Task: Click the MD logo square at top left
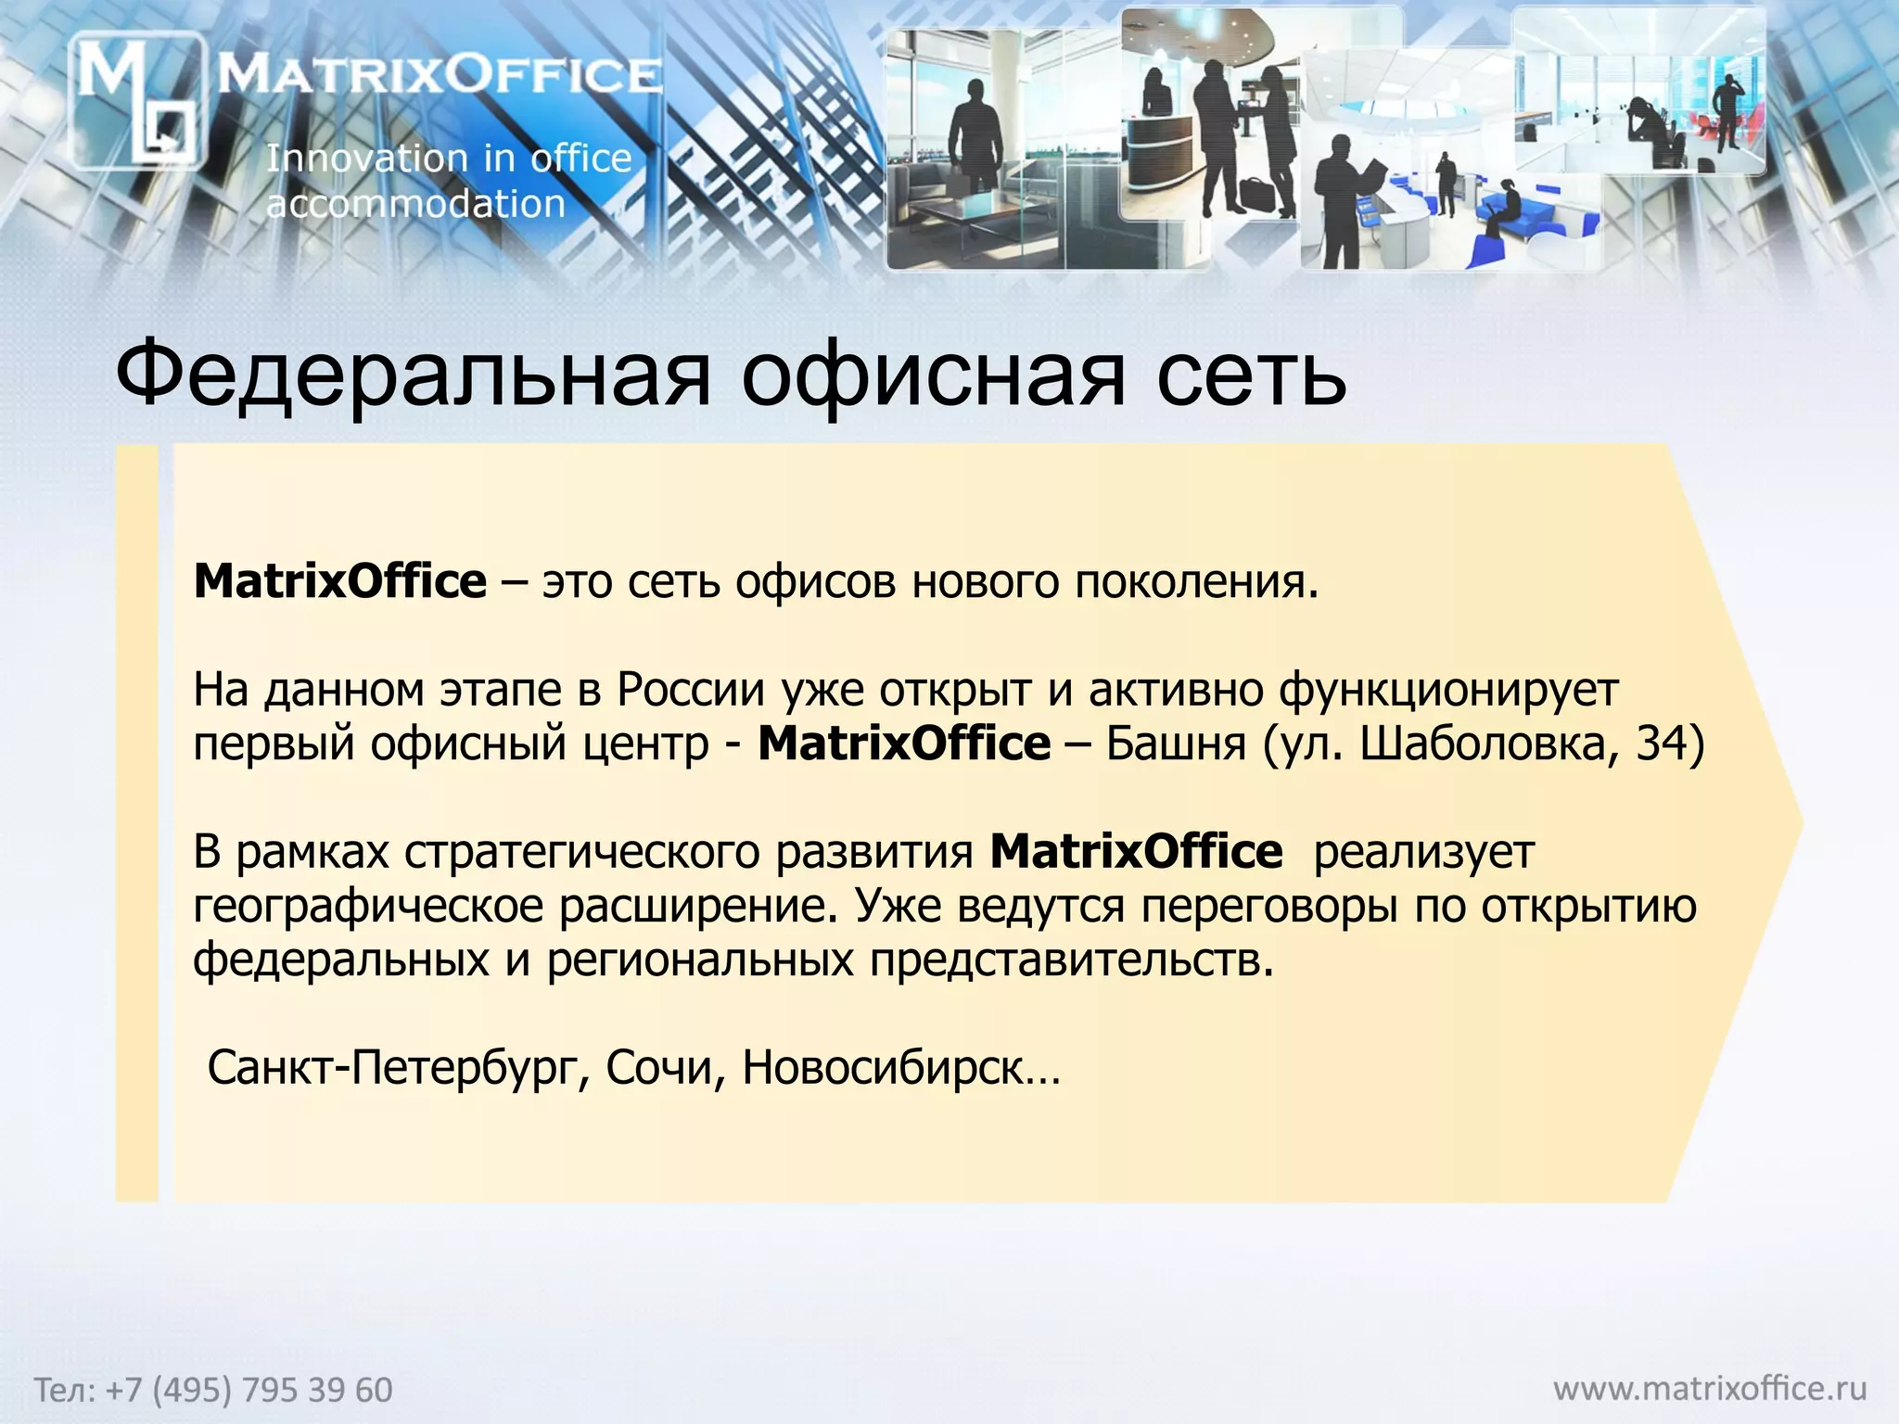click(x=137, y=100)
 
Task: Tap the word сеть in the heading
click(x=1251, y=375)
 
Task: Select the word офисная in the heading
click(x=933, y=375)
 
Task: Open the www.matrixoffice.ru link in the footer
click(x=1710, y=1388)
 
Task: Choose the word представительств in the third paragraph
click(x=1066, y=960)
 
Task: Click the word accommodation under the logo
click(x=415, y=204)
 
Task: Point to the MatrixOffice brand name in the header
click(x=440, y=74)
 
